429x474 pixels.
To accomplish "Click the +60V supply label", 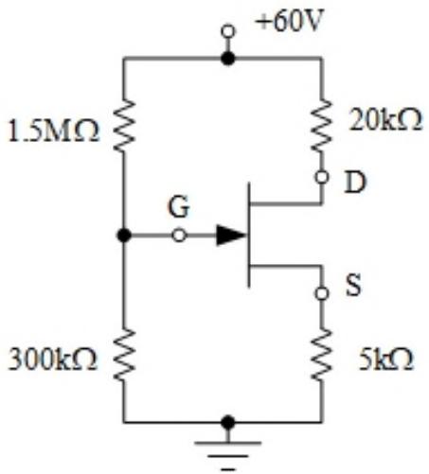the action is (290, 23).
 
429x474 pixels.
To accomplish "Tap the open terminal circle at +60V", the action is (228, 31).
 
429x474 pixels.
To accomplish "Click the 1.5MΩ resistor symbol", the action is (124, 126).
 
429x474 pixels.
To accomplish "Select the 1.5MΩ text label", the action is (53, 131).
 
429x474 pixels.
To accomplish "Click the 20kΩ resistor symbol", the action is (322, 125).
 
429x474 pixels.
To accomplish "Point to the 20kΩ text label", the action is (385, 119).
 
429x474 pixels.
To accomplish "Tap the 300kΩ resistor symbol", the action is (124, 355).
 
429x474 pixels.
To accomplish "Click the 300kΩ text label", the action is (52, 360).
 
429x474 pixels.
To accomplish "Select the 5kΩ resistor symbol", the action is (322, 355).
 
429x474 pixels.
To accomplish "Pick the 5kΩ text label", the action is (385, 360).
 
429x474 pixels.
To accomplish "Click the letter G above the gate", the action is (179, 207).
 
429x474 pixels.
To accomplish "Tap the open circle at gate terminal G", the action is (179, 236).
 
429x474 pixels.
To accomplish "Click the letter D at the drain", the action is (355, 182).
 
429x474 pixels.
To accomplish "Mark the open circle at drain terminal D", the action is (322, 177).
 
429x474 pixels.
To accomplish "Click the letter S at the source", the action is (353, 285).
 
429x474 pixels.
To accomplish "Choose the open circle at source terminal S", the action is (322, 293).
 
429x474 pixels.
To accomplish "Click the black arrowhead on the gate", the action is (231, 235).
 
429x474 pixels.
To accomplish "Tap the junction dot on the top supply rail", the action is (228, 59).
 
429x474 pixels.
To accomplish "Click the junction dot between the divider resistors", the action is (124, 236).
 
